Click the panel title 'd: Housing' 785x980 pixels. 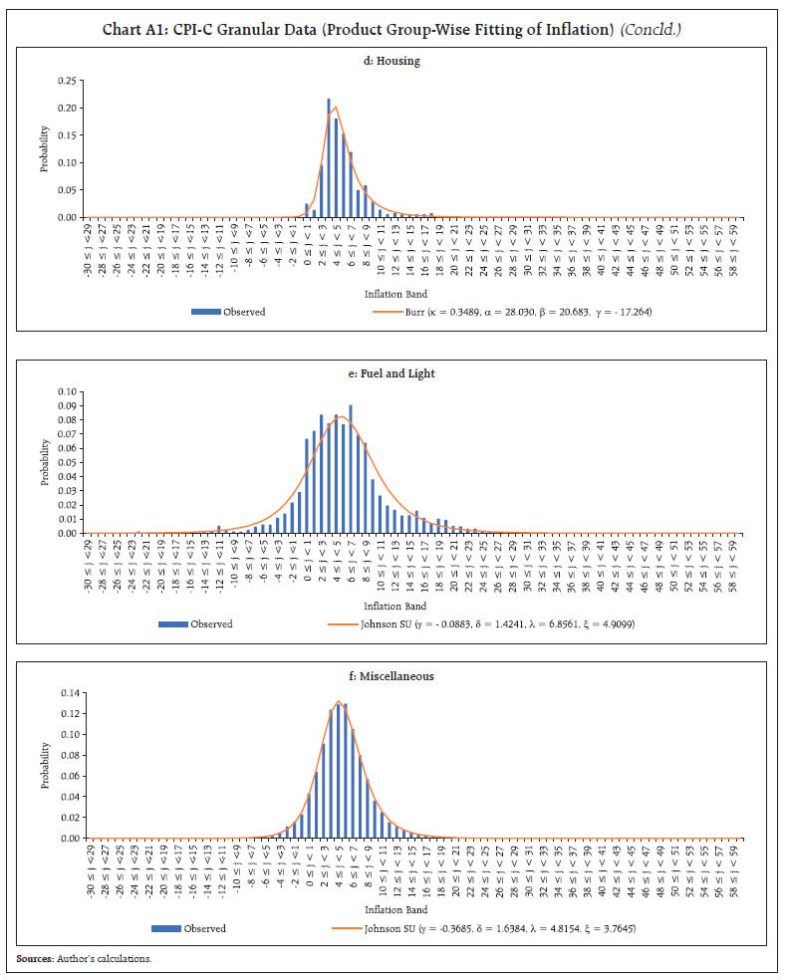click(392, 61)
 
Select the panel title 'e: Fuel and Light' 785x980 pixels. click(392, 373)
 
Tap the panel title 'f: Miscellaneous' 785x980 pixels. click(392, 676)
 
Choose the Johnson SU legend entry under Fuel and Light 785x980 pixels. click(498, 624)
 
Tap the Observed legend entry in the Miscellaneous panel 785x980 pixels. click(204, 928)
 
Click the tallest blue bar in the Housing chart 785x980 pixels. click(329, 157)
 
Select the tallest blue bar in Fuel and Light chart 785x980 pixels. click(351, 468)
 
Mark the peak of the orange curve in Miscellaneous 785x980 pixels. click(338, 701)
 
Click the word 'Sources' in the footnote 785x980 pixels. click(36, 958)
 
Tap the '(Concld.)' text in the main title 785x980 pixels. click(652, 29)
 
